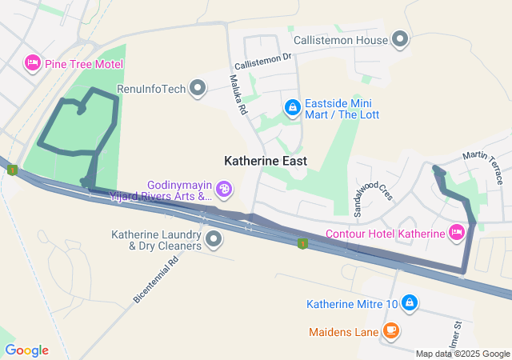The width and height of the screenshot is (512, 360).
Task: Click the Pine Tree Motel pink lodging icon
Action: point(33,62)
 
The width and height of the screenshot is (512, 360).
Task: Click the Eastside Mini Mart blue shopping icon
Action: point(293,107)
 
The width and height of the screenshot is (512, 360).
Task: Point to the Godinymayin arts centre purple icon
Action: point(225,190)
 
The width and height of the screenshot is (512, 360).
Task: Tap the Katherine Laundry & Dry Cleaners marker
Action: point(214,239)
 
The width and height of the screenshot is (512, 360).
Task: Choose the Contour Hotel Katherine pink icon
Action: point(457,233)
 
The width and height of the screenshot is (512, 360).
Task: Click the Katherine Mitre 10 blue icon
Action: point(409,303)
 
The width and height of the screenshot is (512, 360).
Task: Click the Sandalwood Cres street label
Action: point(373,189)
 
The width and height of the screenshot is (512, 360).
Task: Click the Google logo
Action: point(26,350)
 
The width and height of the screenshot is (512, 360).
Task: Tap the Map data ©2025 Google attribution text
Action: point(462,354)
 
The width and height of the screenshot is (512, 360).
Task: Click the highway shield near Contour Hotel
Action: point(302,242)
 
